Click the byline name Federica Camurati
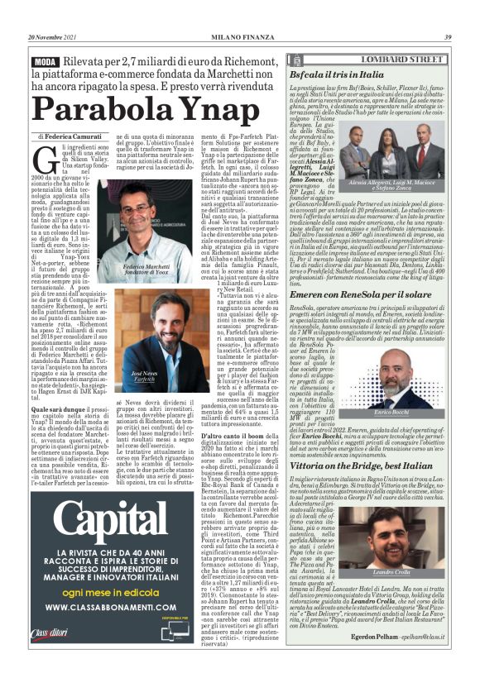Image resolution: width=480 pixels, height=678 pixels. coord(74,136)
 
